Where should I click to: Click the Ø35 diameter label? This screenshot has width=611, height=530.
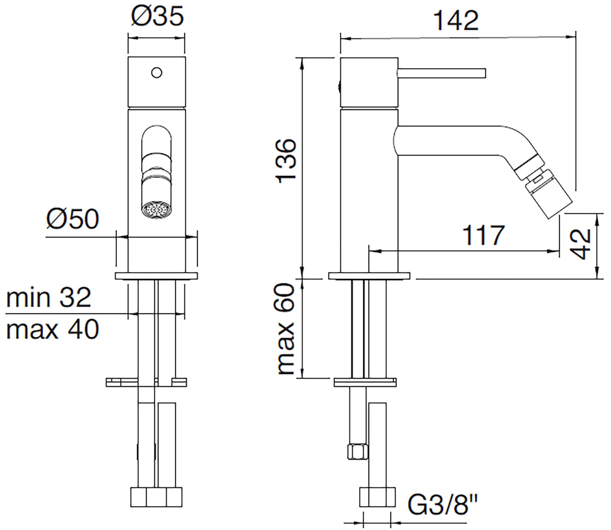[157, 17]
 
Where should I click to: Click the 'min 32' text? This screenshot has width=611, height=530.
[49, 297]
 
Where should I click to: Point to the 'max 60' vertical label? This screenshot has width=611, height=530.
[287, 329]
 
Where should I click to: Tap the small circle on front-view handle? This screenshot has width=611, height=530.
[157, 72]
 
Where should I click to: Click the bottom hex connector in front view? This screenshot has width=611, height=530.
[157, 497]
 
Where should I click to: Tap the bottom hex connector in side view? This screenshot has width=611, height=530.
[377, 497]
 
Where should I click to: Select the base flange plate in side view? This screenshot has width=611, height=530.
[369, 276]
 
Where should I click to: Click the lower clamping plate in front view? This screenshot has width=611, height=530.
[147, 382]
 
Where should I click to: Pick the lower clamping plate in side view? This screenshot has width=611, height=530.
[365, 382]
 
